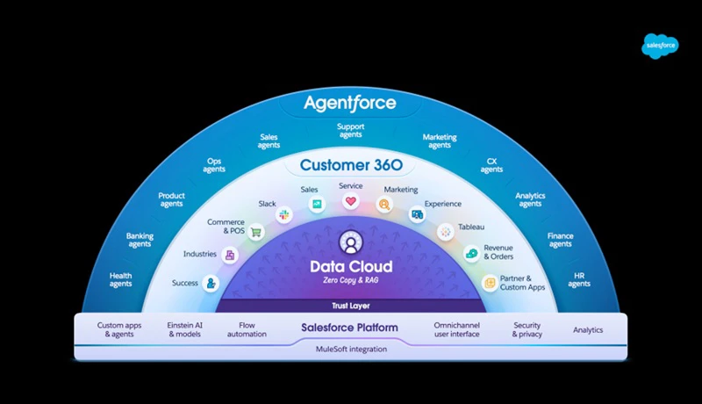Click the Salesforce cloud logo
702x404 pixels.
pyautogui.click(x=661, y=45)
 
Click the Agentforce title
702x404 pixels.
pyautogui.click(x=350, y=104)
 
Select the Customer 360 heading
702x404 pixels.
pyautogui.click(x=350, y=164)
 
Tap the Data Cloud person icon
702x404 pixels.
pyautogui.click(x=350, y=241)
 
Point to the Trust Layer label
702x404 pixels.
pyautogui.click(x=350, y=306)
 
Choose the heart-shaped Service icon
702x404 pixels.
pyautogui.click(x=350, y=202)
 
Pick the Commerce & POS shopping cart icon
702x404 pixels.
pyautogui.click(x=256, y=233)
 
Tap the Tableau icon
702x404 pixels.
pyautogui.click(x=446, y=232)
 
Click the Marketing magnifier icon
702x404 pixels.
pyautogui.click(x=384, y=205)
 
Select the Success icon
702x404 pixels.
pyautogui.click(x=211, y=283)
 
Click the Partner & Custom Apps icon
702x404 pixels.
pyautogui.click(x=490, y=283)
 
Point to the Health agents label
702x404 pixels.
pyautogui.click(x=121, y=279)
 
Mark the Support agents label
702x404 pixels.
pyautogui.click(x=350, y=131)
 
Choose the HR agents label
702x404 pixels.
pyautogui.click(x=579, y=279)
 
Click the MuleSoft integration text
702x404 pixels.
pyautogui.click(x=350, y=349)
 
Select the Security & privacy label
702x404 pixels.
pyautogui.click(x=526, y=329)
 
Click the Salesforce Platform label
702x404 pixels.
pyautogui.click(x=350, y=328)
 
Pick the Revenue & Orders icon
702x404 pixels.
pyautogui.click(x=471, y=255)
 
